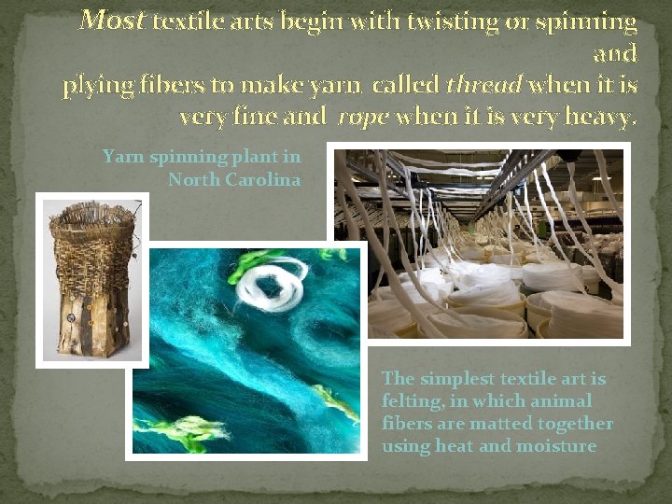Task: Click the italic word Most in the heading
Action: tap(112, 20)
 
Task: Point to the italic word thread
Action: tap(483, 86)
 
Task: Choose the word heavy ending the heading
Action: tap(604, 118)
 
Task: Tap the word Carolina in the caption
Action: tap(263, 179)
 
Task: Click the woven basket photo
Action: tap(91, 280)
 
